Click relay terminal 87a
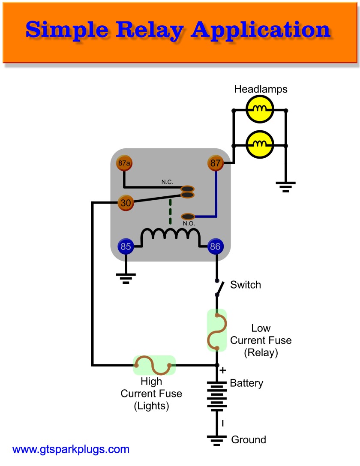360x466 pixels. tap(124, 163)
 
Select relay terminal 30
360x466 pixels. tap(126, 203)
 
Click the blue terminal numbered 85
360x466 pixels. tap(125, 247)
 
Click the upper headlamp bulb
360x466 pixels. tap(260, 110)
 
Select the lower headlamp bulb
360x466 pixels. tap(260, 145)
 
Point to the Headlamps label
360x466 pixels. tap(261, 90)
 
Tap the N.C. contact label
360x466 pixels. tap(167, 182)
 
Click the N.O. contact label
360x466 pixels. tap(189, 224)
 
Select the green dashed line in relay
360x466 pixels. tap(171, 212)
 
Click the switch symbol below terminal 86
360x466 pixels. tap(218, 288)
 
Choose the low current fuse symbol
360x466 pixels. tap(217, 330)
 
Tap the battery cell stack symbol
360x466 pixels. tap(217, 395)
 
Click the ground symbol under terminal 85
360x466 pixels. tap(125, 279)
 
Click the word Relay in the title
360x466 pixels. tap(136, 30)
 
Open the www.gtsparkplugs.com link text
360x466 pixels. tap(71, 450)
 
